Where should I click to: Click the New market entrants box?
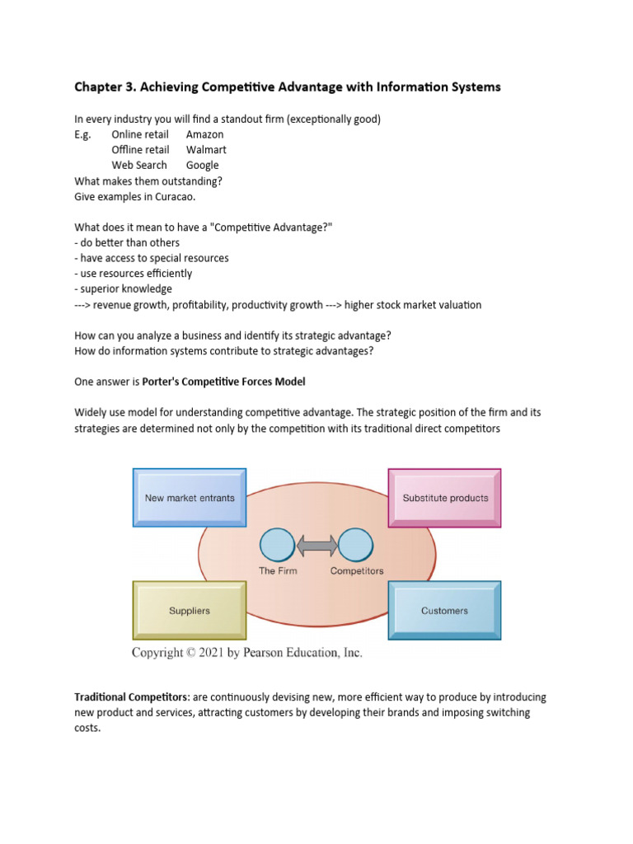click(x=189, y=497)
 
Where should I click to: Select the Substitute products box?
click(x=445, y=497)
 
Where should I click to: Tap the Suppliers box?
click(x=189, y=610)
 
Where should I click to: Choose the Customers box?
click(x=444, y=610)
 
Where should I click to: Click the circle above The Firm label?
click(x=277, y=546)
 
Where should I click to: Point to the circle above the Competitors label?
click(x=356, y=546)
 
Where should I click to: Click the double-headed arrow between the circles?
click(x=316, y=546)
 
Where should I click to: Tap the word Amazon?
click(x=204, y=134)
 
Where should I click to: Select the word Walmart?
click(x=206, y=150)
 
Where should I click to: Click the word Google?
click(x=203, y=165)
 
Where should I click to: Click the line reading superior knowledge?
click(x=123, y=288)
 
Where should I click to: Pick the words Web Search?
click(x=139, y=165)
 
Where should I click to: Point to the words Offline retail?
click(x=140, y=150)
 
